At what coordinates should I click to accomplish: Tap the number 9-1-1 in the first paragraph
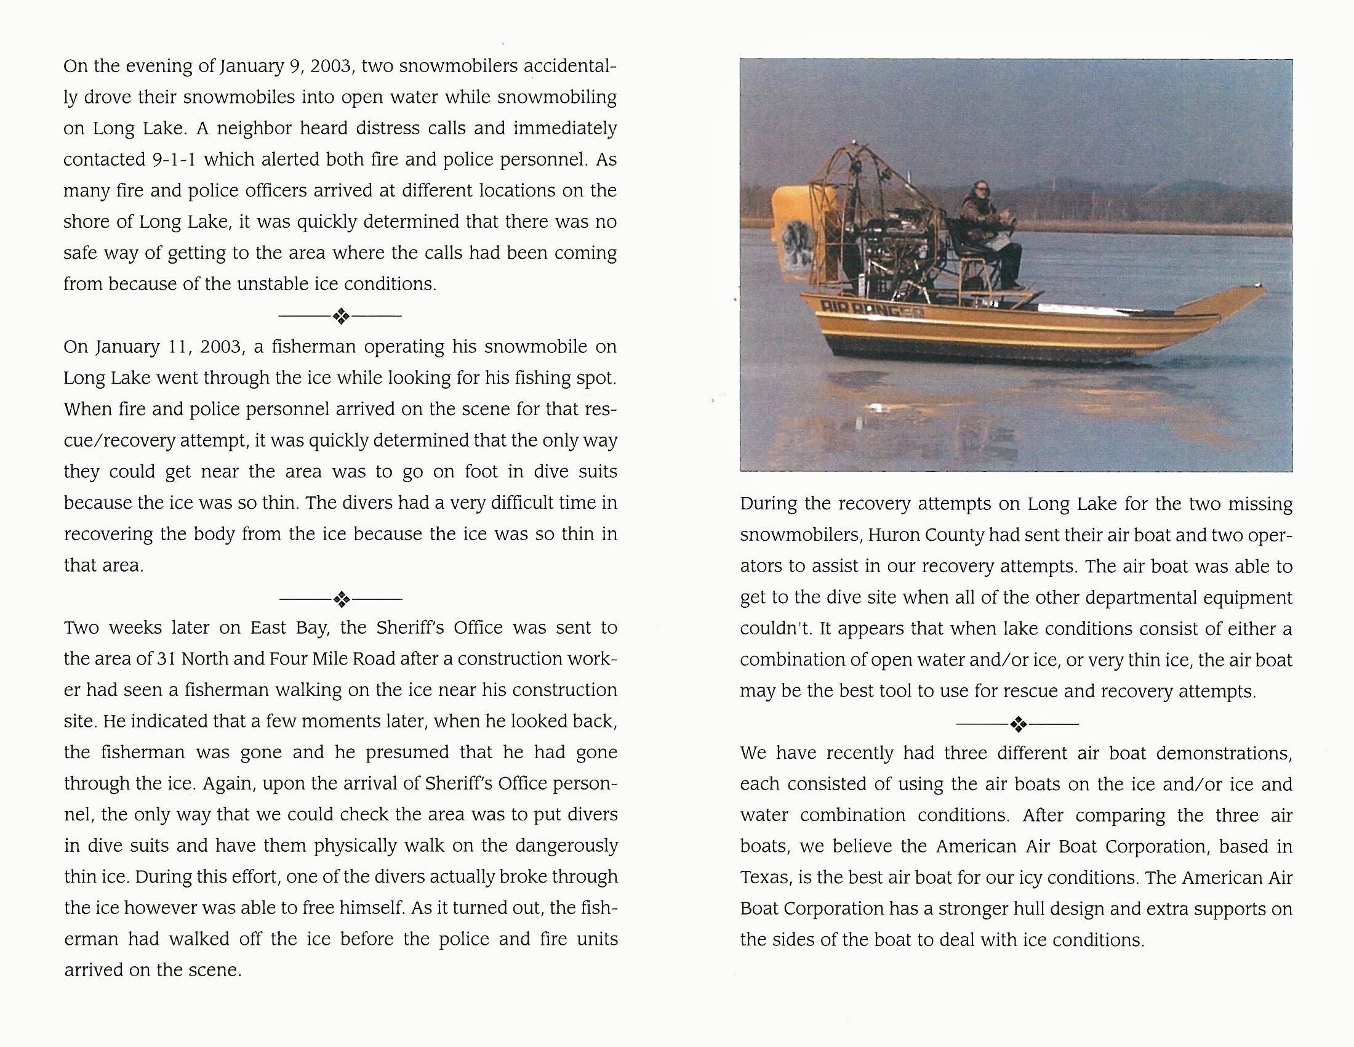tap(174, 160)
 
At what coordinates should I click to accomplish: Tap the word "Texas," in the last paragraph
tap(764, 878)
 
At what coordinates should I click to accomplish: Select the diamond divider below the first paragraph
tap(341, 317)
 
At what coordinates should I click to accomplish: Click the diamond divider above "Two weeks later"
tap(341, 599)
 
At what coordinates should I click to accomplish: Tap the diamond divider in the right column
tap(1017, 724)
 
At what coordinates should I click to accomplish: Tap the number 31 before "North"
tap(166, 659)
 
